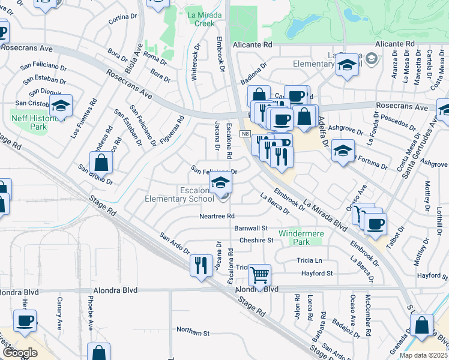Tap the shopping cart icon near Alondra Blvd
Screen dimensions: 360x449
(x=259, y=275)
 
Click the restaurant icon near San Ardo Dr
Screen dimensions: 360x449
(x=200, y=264)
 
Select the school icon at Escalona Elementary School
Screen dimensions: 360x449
(x=220, y=182)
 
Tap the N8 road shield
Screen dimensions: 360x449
(x=246, y=134)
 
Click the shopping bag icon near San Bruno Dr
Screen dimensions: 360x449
(x=101, y=162)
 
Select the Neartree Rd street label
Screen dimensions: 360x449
(x=217, y=216)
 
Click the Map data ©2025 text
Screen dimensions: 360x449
(x=423, y=355)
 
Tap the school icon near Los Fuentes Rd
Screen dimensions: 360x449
(x=60, y=106)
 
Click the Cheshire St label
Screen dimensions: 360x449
(x=256, y=240)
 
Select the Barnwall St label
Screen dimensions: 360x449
(x=251, y=228)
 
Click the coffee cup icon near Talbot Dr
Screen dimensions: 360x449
(x=376, y=224)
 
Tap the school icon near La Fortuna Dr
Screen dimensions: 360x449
(x=343, y=150)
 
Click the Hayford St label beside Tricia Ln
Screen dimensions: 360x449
(x=317, y=273)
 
